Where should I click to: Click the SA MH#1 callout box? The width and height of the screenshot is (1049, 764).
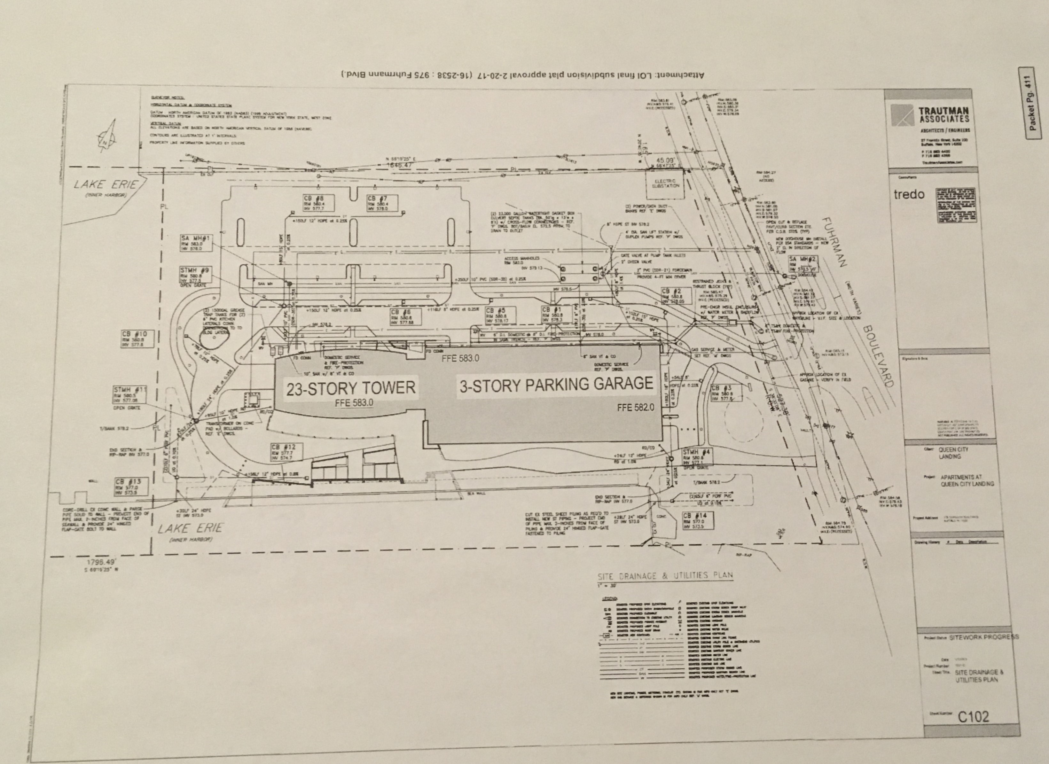pos(196,243)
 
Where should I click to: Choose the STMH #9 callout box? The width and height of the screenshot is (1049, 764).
pos(196,275)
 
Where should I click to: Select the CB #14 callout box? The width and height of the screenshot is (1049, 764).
pos(697,521)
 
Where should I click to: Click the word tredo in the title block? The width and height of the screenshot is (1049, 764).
pos(909,195)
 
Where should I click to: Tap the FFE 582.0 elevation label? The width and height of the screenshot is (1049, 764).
pos(636,408)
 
